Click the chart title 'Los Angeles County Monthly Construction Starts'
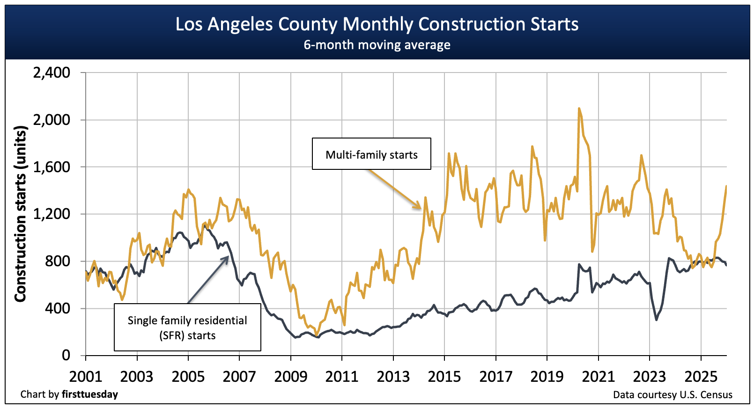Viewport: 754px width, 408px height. (x=377, y=24)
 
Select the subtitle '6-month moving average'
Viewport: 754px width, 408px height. (x=377, y=45)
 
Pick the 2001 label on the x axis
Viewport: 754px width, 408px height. (x=86, y=376)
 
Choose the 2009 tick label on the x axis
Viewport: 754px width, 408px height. (x=290, y=376)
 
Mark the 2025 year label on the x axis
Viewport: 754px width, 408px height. (x=701, y=376)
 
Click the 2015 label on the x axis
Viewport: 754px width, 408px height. (x=444, y=376)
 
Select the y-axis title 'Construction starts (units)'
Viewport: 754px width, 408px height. (x=20, y=214)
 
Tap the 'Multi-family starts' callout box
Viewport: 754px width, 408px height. (x=371, y=154)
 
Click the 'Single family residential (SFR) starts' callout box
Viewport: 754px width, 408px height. (x=187, y=328)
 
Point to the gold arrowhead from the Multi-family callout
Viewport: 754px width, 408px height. (x=420, y=207)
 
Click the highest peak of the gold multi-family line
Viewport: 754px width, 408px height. (x=579, y=109)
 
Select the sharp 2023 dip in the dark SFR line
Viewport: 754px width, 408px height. (x=656, y=320)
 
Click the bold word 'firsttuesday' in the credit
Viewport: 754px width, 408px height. (x=90, y=394)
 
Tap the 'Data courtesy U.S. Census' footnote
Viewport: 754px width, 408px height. (x=673, y=395)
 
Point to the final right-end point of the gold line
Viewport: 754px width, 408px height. (x=726, y=186)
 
